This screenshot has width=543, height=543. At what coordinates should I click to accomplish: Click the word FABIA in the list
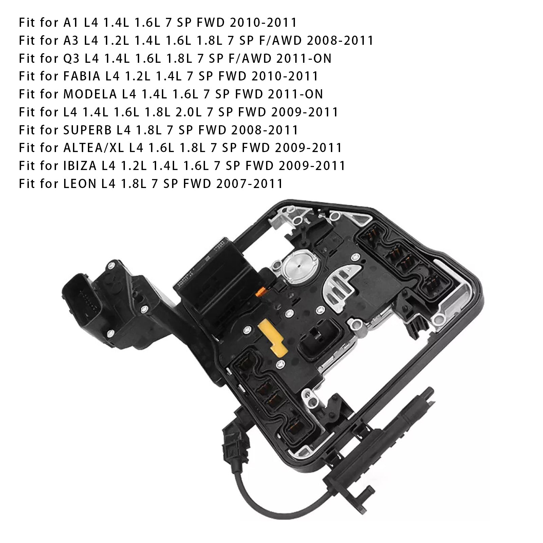(82, 76)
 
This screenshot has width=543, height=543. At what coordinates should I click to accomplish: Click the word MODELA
(90, 94)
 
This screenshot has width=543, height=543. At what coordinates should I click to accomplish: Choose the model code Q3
(71, 58)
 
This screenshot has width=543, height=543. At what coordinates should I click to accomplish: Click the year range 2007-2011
(247, 184)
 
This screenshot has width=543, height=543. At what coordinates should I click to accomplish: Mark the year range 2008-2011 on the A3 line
(340, 40)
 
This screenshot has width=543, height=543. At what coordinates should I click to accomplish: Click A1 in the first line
(71, 22)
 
